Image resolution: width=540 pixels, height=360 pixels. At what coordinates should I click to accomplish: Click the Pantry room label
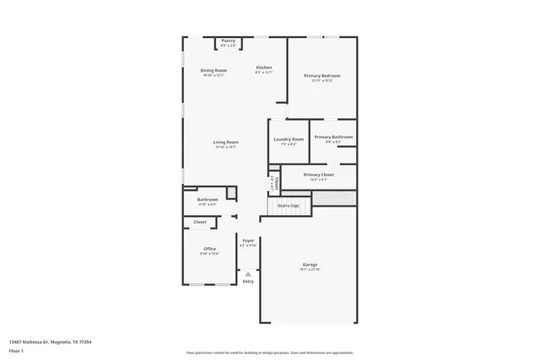coord(228,40)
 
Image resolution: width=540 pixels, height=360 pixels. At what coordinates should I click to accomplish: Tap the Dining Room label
coord(213,70)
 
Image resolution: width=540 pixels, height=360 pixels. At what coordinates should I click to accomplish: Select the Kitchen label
coord(264,67)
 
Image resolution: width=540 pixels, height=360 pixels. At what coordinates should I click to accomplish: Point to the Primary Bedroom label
coord(321,76)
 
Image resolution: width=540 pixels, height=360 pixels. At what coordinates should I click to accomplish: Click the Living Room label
coord(225,142)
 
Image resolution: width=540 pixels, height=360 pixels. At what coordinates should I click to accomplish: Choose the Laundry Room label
coord(288,139)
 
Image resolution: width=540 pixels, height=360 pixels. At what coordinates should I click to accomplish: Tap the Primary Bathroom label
coord(333,137)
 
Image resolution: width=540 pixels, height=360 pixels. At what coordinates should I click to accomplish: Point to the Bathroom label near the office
coord(208,200)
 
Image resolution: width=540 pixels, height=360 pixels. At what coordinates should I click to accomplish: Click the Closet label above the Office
coord(200,222)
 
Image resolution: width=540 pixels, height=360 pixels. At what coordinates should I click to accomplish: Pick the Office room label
coord(209,249)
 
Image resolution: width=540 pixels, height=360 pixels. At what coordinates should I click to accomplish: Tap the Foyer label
coord(248,241)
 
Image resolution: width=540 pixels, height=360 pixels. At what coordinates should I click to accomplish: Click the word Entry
coord(248,281)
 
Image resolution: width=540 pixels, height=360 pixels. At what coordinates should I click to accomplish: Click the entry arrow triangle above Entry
coord(248,273)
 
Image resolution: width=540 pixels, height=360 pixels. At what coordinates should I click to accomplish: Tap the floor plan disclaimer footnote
coord(269,352)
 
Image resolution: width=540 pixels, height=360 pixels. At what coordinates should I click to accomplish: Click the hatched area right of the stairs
coord(334,198)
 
